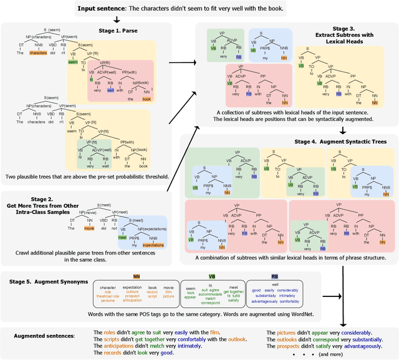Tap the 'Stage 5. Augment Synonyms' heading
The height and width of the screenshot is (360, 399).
coord(50,281)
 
